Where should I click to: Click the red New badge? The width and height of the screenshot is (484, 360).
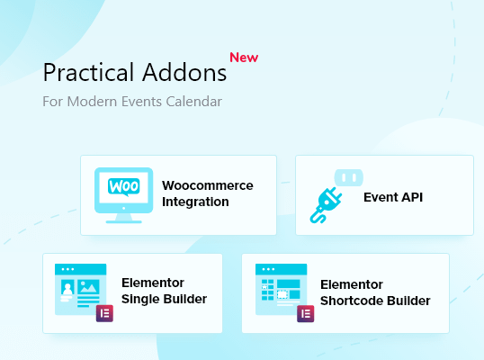(x=244, y=58)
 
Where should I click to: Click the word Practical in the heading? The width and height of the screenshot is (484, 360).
(x=88, y=72)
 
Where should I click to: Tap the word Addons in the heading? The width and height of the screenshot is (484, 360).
(x=184, y=72)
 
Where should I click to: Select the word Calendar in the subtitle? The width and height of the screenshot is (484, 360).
(x=193, y=102)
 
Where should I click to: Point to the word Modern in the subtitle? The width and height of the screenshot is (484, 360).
(x=92, y=102)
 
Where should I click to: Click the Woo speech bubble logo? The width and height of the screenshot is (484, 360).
(x=124, y=187)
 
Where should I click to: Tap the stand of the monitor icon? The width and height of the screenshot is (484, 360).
(x=124, y=219)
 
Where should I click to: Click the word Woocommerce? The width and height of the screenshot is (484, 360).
(x=208, y=185)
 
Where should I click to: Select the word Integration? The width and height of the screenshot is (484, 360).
(x=195, y=202)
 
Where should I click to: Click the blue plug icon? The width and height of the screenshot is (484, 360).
(x=326, y=205)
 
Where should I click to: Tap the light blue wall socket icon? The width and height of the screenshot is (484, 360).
(x=349, y=177)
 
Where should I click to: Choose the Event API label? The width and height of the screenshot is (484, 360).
(x=393, y=197)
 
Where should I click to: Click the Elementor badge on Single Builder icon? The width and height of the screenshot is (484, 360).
(x=104, y=313)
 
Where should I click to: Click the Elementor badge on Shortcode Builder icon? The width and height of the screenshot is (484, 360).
(x=306, y=314)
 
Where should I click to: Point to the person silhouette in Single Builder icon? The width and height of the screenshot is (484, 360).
(x=67, y=288)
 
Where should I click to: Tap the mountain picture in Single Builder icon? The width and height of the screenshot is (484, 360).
(x=88, y=287)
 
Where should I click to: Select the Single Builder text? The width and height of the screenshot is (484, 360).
(x=165, y=299)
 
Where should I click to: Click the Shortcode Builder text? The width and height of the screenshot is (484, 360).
(x=375, y=301)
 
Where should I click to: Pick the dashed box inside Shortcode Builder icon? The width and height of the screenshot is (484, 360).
(x=282, y=294)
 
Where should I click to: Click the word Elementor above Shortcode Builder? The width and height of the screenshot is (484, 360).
(x=352, y=284)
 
